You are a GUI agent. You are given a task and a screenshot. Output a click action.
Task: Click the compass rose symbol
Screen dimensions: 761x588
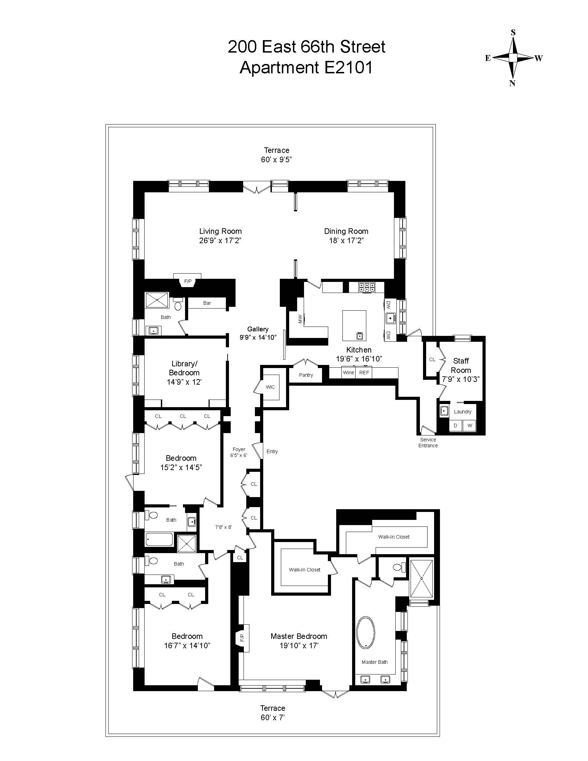513,58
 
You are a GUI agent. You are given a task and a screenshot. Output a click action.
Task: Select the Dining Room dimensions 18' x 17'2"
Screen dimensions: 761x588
346,240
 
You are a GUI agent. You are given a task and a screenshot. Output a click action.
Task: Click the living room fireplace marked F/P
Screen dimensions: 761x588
188,281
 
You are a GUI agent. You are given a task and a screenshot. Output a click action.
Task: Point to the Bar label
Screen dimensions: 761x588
207,303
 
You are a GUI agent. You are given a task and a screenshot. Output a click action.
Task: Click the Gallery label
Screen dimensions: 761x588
258,329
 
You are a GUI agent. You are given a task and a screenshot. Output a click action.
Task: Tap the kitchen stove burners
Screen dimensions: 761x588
367,287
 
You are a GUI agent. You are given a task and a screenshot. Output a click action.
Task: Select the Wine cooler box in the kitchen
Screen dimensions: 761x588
348,373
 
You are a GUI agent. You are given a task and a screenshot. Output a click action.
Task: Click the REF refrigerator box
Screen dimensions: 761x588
364,373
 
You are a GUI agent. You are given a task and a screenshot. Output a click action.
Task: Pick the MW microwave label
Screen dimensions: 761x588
300,319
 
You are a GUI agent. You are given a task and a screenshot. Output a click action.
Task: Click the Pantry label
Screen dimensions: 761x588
306,375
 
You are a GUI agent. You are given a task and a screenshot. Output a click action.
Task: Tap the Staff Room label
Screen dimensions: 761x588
461,366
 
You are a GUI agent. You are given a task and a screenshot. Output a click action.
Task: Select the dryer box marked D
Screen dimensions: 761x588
455,425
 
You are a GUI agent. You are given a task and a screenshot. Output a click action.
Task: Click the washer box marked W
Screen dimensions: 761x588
470,425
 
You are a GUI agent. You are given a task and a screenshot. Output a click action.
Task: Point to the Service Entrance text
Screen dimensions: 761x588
428,442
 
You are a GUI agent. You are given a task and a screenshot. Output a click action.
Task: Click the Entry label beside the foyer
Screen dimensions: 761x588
272,451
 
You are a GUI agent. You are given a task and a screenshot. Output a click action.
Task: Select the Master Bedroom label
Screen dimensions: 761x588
299,636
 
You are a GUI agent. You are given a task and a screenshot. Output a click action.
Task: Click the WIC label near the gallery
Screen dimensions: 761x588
270,387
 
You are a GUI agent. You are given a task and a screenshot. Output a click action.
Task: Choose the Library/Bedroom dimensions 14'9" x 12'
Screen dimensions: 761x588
184,382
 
